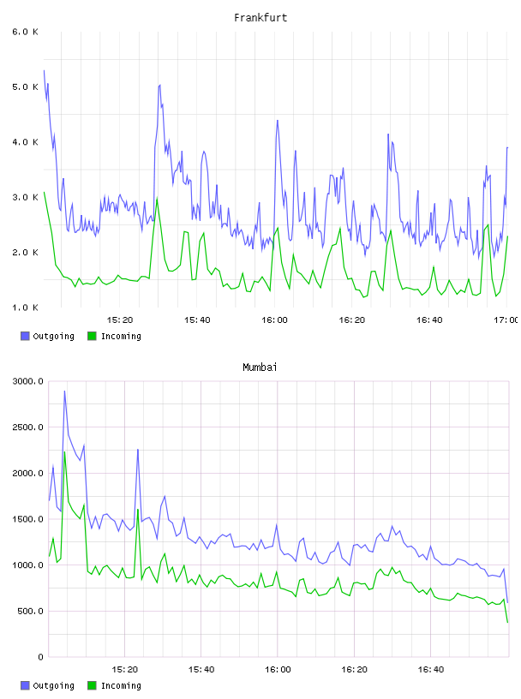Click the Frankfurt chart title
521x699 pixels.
click(260, 18)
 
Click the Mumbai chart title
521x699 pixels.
click(260, 367)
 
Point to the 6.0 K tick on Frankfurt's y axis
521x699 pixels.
click(26, 32)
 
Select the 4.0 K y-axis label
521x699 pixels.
click(26, 142)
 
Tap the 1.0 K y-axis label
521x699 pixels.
click(26, 308)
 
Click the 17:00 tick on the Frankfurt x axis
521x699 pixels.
click(506, 320)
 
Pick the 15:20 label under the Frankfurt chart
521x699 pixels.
click(120, 320)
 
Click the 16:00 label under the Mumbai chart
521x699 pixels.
click(278, 670)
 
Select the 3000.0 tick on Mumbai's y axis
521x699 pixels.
click(28, 381)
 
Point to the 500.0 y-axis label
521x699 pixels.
click(31, 611)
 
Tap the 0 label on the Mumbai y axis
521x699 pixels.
click(40, 657)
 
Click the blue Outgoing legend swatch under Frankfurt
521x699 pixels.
click(25, 336)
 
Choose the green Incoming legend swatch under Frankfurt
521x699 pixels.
click(92, 336)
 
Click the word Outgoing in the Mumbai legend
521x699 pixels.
click(53, 685)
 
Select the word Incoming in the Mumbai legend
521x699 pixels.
click(121, 685)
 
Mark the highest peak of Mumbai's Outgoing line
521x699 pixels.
click(64, 391)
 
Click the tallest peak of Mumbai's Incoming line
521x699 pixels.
click(64, 452)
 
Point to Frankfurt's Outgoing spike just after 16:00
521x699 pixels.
click(278, 121)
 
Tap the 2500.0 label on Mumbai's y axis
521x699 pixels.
click(28, 427)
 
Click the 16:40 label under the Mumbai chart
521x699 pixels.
click(431, 670)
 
